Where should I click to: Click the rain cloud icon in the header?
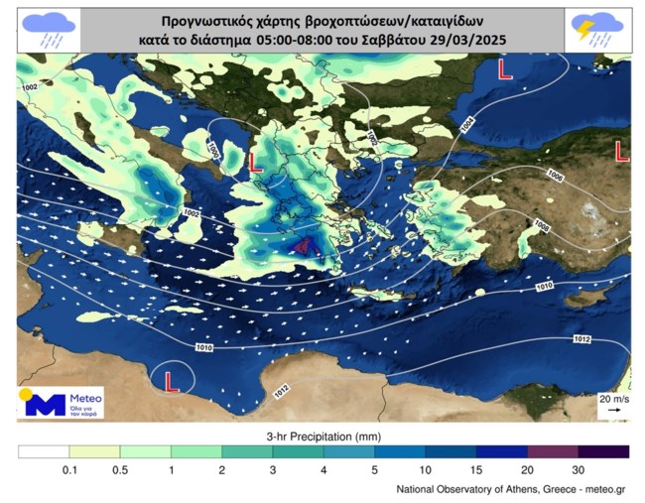coord(49,29)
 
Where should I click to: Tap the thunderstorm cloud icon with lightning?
coord(595,29)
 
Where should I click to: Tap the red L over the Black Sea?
coord(504,69)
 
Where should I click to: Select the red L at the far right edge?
coord(621,151)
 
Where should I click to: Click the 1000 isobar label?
coord(212,146)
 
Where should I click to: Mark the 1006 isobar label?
coord(555,175)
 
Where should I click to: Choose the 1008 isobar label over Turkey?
coord(542,227)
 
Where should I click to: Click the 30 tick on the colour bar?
coord(578,469)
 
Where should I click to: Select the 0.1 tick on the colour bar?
coord(68,469)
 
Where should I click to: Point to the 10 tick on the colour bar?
coord(425,469)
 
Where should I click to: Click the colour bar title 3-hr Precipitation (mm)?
coord(322,437)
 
